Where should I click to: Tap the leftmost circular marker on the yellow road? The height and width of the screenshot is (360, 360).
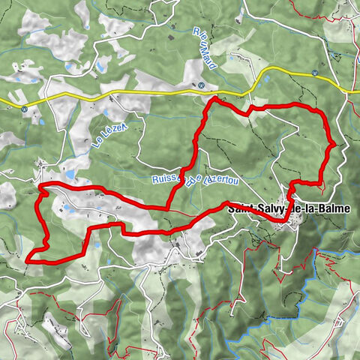click(25, 109)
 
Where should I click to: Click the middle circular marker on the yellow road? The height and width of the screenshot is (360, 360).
click(202, 85)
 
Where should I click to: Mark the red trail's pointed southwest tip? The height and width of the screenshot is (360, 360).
click(28, 259)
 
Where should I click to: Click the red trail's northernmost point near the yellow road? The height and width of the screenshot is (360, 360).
click(214, 99)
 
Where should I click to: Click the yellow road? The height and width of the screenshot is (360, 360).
click(135, 95)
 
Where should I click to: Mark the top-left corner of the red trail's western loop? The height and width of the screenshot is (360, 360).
click(40, 185)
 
